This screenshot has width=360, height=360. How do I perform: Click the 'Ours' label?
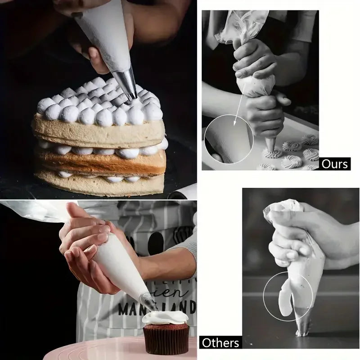[335, 164]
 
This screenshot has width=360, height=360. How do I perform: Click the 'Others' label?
[220, 342]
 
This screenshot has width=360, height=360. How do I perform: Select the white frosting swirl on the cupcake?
[165, 318]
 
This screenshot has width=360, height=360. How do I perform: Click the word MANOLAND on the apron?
[157, 309]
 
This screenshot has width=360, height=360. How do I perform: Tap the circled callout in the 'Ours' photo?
[229, 139]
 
